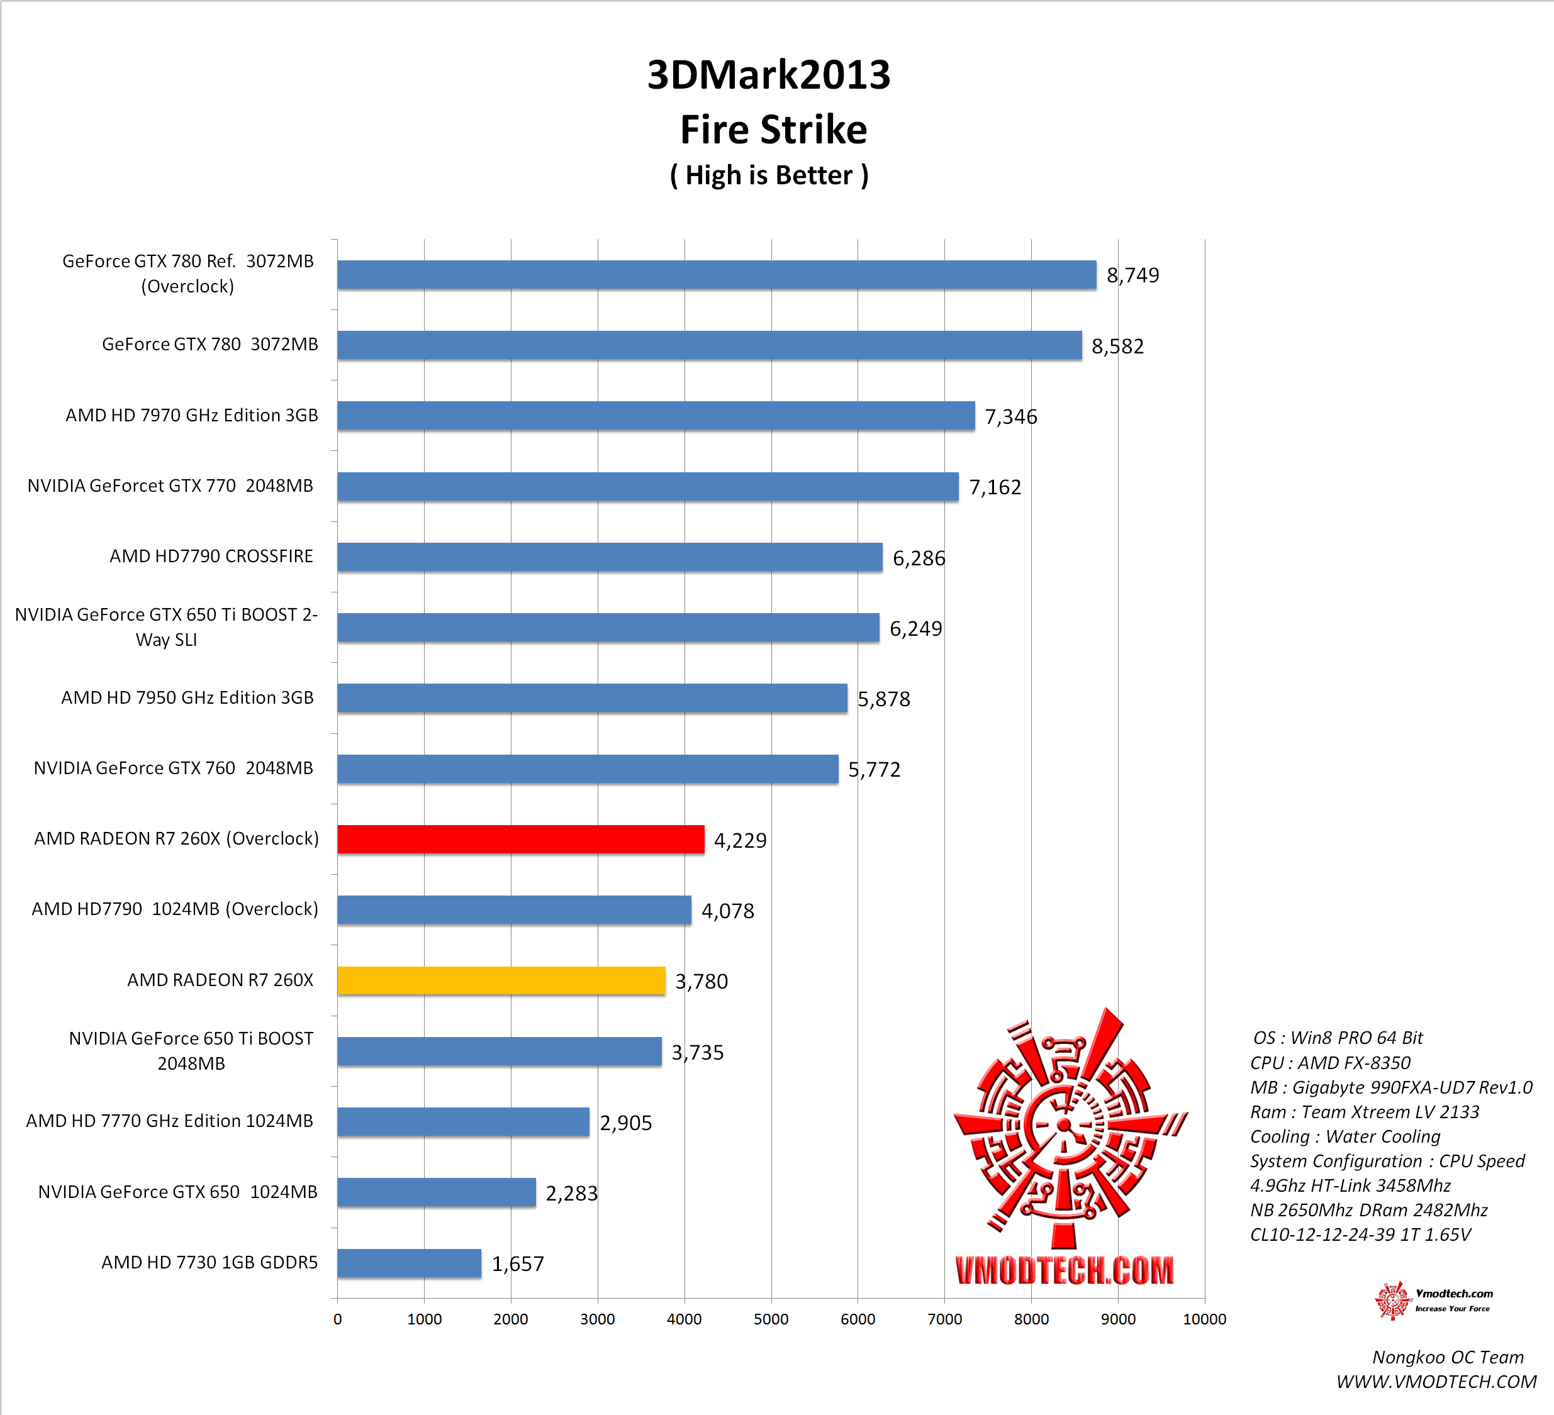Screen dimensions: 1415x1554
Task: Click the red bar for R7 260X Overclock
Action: click(x=520, y=840)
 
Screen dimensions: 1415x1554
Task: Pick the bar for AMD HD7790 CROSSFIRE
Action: click(x=609, y=557)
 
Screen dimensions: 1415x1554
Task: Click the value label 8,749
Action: click(x=1132, y=275)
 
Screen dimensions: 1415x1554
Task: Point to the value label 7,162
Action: click(x=995, y=487)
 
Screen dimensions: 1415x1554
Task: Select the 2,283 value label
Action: click(x=571, y=1193)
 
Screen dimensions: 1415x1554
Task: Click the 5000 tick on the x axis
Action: click(x=771, y=1319)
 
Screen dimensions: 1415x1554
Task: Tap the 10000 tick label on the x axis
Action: click(x=1204, y=1319)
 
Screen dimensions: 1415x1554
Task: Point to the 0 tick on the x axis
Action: click(x=338, y=1319)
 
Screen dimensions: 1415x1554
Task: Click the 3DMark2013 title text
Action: click(x=769, y=75)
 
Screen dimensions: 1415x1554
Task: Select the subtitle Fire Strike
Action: click(x=773, y=130)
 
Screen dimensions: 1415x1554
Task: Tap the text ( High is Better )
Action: click(x=769, y=175)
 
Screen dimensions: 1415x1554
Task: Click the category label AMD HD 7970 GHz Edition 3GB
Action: click(x=191, y=416)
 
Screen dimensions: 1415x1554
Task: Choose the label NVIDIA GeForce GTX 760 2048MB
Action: click(x=174, y=769)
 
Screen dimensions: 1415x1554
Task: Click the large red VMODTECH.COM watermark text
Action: click(x=1064, y=1270)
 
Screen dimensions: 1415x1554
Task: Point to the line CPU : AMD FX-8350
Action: click(x=1329, y=1063)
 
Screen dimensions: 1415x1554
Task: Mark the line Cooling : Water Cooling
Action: click(x=1344, y=1137)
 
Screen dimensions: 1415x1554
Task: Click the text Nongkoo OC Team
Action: click(x=1448, y=1357)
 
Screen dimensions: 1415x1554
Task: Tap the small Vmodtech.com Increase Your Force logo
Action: click(x=1434, y=1301)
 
